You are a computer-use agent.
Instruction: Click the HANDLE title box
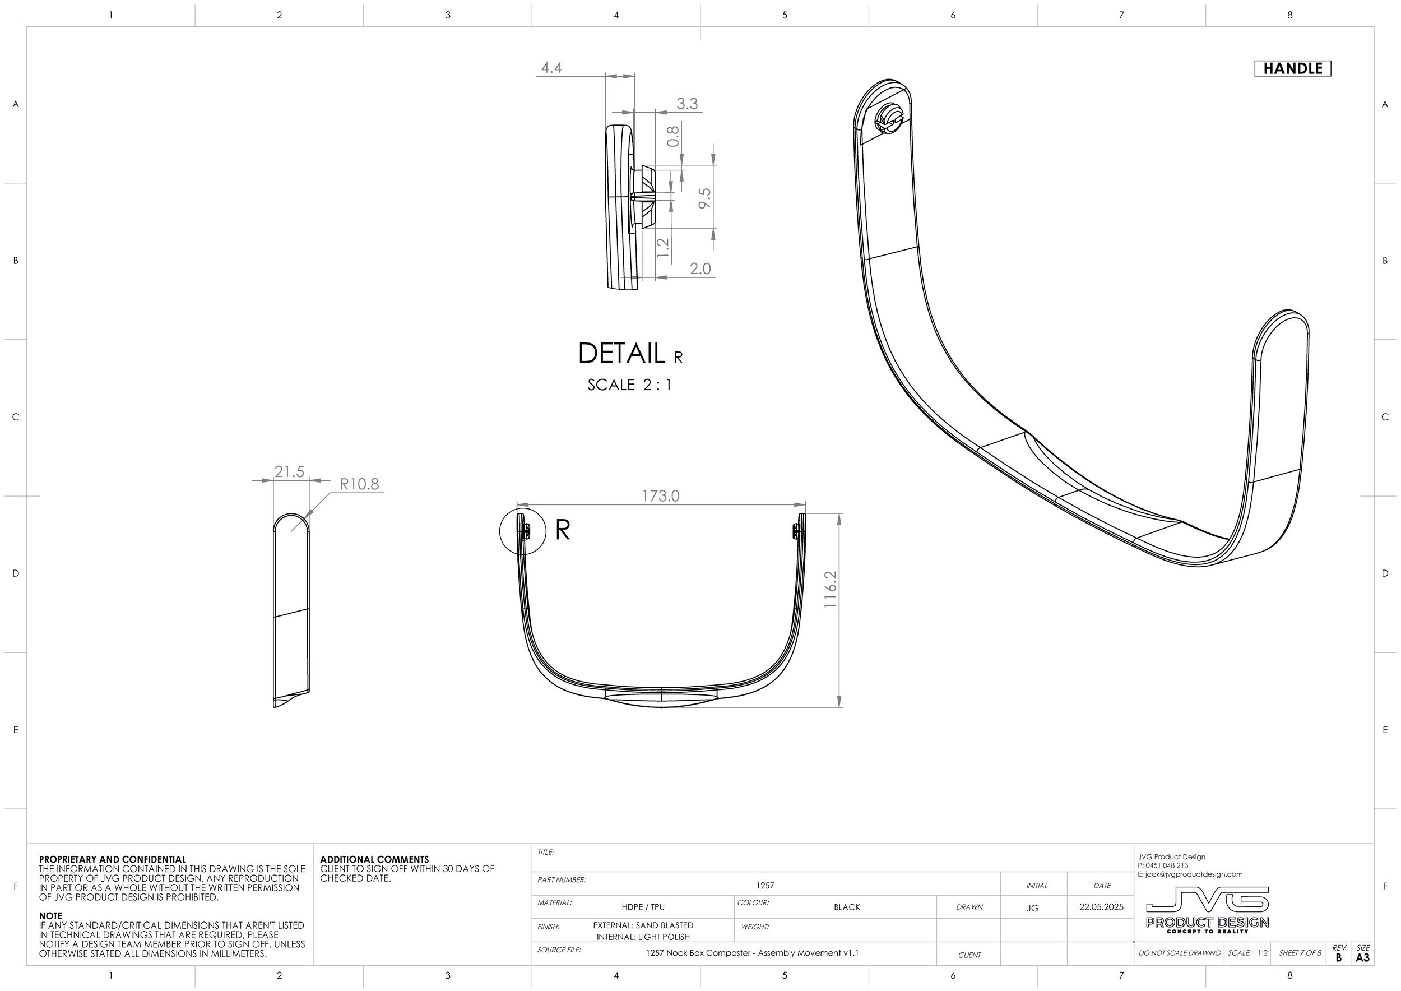click(1292, 68)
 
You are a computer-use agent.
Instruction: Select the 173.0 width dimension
click(660, 496)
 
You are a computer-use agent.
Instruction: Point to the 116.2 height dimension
click(831, 589)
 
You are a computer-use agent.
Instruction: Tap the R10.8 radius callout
click(359, 484)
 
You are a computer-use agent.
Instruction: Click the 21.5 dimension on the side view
click(289, 472)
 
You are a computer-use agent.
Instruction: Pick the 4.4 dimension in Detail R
click(551, 68)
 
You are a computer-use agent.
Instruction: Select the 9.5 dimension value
click(705, 198)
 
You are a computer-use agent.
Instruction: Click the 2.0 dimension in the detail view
click(700, 269)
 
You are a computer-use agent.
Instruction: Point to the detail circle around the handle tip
click(522, 531)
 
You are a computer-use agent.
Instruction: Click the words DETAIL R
click(630, 353)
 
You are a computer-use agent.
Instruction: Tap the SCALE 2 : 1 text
click(630, 385)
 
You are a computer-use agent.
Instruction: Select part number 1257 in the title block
click(764, 886)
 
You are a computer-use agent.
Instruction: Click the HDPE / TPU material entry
click(643, 907)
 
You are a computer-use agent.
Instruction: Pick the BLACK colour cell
click(846, 907)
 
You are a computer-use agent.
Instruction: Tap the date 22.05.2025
click(1101, 907)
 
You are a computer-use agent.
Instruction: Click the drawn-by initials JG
click(1032, 908)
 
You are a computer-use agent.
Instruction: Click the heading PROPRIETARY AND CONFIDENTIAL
click(112, 859)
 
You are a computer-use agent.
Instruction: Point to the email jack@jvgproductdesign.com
click(1190, 874)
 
